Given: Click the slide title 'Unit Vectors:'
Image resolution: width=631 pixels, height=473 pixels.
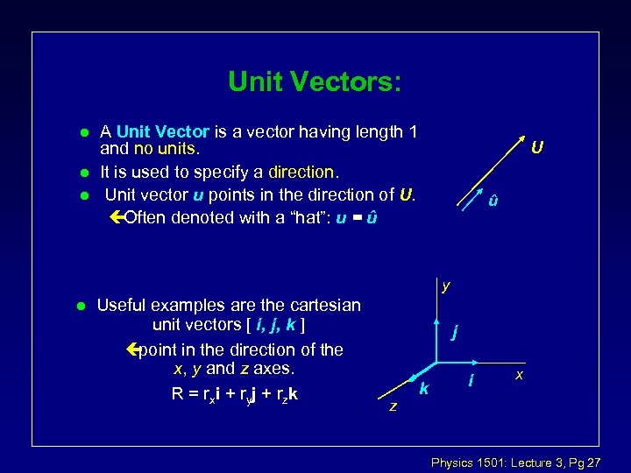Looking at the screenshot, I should coord(315,81).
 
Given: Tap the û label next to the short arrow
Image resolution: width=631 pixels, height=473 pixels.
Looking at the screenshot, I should coord(494,201).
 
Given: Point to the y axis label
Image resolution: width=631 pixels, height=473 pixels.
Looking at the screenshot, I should coord(446,286).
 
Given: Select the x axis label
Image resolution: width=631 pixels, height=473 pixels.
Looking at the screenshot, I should coord(520,374).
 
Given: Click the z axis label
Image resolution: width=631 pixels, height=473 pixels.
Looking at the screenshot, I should coord(393,406).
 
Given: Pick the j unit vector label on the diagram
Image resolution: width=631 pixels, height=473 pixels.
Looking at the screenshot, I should coord(454,332).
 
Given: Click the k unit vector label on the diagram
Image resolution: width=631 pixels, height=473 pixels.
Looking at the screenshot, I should coord(423,388).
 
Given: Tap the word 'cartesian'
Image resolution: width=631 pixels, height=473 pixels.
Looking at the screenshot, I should coord(321,306).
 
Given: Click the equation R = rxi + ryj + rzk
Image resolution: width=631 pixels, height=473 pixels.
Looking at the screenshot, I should coord(234,394).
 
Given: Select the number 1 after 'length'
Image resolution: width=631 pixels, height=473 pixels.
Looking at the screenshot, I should coord(412,132).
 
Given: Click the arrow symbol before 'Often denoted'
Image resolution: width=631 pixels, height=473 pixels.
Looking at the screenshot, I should coord(118,217).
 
